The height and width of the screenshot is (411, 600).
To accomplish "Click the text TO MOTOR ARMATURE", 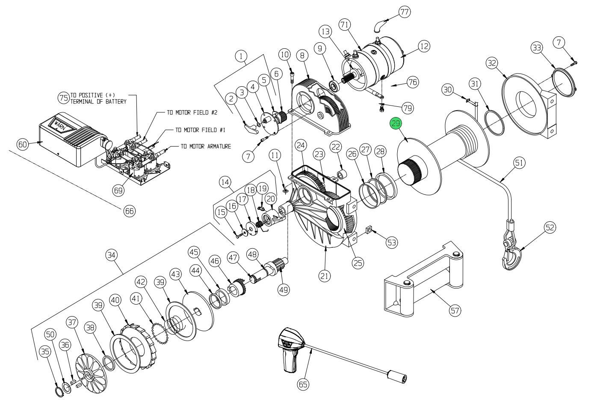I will click(x=205, y=147).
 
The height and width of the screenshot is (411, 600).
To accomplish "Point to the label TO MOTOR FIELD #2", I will click(x=192, y=113).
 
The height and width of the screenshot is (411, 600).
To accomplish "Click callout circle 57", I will click(x=455, y=310).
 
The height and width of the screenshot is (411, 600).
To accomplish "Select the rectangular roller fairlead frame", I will click(x=421, y=280).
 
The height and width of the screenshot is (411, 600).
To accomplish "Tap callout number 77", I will click(x=404, y=12).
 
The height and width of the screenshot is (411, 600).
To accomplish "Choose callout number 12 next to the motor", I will click(x=423, y=46).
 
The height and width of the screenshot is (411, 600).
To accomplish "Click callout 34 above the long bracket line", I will click(x=112, y=255).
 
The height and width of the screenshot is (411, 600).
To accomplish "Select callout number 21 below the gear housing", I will click(x=325, y=276).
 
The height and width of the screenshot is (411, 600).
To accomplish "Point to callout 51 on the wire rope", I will click(x=519, y=163).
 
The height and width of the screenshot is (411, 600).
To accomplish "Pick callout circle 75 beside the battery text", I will click(x=64, y=98).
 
